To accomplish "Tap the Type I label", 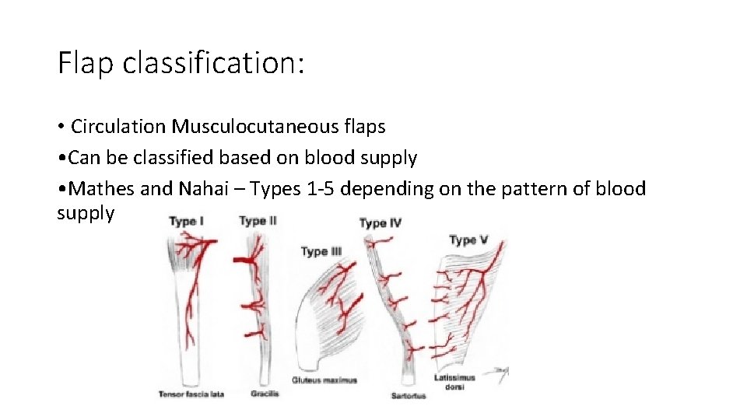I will coord(187,222).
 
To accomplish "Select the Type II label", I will coord(258,221).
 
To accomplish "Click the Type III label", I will coord(321,251).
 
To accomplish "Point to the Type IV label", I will coord(380,223).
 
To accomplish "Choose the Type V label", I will coord(468,240).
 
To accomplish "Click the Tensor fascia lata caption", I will coord(191,394).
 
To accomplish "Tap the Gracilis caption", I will coord(265,394).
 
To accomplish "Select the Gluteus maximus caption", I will coord(324,380).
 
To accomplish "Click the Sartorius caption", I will coord(409,396).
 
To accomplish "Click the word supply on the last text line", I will coord(86,213).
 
